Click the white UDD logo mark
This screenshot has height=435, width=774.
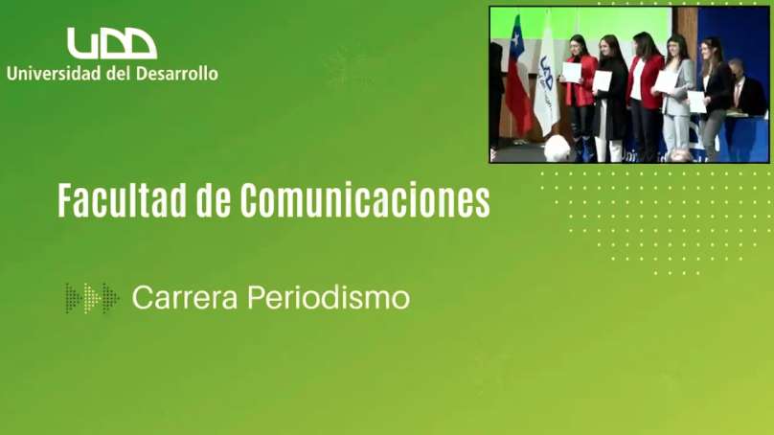click(x=112, y=43)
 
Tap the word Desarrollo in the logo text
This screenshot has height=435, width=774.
click(x=176, y=74)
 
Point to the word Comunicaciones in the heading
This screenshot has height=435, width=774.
click(x=365, y=200)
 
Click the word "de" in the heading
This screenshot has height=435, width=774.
click(x=214, y=200)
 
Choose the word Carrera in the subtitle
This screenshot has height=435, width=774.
click(x=185, y=298)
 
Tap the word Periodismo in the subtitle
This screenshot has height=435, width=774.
click(x=329, y=298)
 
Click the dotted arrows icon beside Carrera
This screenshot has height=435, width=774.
click(x=92, y=298)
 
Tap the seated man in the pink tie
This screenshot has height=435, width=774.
click(x=746, y=89)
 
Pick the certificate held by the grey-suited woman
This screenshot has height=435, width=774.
click(x=666, y=81)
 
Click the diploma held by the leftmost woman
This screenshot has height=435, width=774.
click(x=572, y=73)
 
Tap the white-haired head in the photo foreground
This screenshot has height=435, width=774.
click(x=558, y=149)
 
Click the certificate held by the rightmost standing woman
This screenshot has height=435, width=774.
click(x=696, y=102)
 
